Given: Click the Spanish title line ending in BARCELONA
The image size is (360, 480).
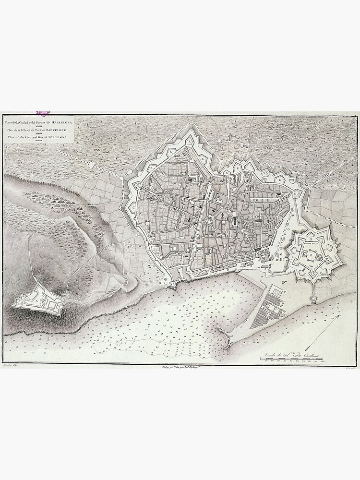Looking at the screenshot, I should [39, 123].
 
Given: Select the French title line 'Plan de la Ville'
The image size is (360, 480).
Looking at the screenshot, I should [38, 130].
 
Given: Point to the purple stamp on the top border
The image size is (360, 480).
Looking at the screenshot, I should [45, 113].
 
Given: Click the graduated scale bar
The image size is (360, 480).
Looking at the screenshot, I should [292, 359].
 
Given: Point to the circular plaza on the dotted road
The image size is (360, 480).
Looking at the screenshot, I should [91, 164].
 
